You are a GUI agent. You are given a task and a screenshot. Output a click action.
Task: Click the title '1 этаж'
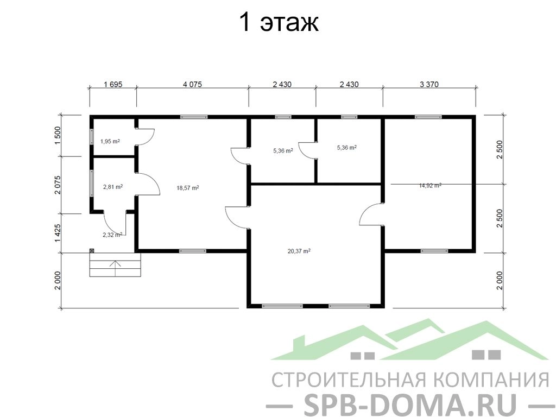coord(279,22)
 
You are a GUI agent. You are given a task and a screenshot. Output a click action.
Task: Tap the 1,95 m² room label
coord(110,141)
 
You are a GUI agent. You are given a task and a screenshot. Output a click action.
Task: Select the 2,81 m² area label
coord(113,187)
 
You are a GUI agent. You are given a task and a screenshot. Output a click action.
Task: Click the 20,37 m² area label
coord(299,251)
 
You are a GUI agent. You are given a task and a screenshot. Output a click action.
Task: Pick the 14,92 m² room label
coord(430,185)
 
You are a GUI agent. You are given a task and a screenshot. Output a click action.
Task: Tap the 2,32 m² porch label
coord(112,235)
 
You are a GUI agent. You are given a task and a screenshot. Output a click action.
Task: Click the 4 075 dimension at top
coord(192,84)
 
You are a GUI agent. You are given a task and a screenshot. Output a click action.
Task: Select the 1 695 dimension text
coord(113,84)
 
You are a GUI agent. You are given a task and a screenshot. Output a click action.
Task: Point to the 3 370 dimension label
coord(429,84)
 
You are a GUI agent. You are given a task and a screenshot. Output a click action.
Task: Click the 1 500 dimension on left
coord(58,135)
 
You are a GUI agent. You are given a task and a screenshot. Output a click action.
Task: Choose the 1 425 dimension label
coord(58,233)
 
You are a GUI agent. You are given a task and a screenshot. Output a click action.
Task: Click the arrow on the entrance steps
coord(116,268)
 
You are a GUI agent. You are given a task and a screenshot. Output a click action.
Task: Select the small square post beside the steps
coord(91,250)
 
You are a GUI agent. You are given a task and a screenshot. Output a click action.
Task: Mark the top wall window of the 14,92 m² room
coord(428,117)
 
